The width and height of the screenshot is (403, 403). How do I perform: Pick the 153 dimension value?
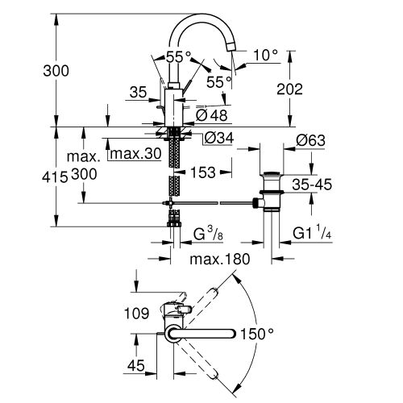point(204,172)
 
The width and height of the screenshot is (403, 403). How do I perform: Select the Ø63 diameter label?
point(310,139)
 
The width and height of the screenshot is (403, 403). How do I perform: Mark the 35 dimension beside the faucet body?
point(138,93)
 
